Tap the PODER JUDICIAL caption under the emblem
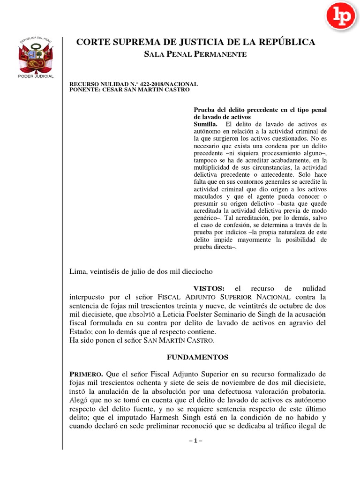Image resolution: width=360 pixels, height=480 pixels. pyautogui.click(x=36, y=76)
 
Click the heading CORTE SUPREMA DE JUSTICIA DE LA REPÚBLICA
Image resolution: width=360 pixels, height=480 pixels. pyautogui.click(x=195, y=43)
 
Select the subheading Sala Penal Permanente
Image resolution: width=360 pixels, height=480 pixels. pyautogui.click(x=195, y=54)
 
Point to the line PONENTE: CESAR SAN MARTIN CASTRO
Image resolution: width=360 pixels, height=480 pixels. pyautogui.click(x=129, y=90)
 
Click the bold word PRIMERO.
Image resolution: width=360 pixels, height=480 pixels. pyautogui.click(x=86, y=374)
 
